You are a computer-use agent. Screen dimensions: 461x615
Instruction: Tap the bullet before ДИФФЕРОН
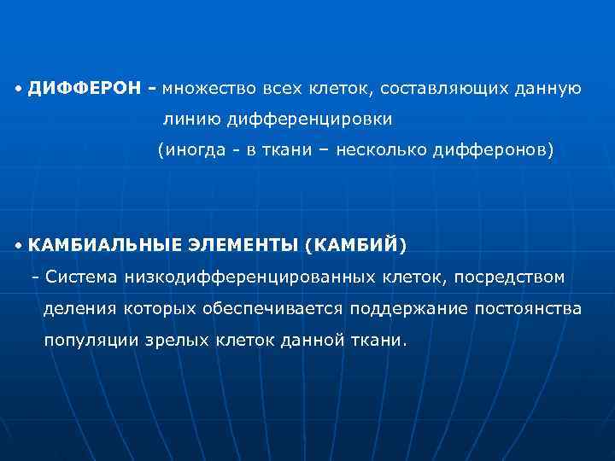pos(18,89)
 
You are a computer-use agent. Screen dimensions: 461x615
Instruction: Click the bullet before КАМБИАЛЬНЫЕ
pos(18,246)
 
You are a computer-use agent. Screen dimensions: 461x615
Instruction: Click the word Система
pos(82,277)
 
